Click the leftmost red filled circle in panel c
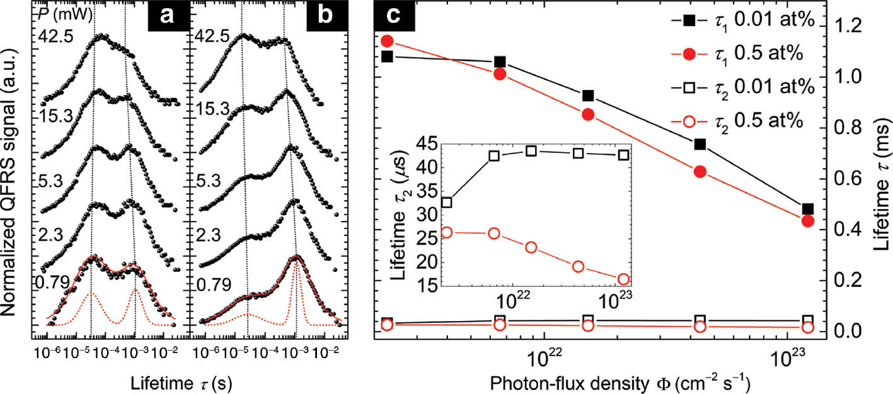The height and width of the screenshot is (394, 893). tap(387, 41)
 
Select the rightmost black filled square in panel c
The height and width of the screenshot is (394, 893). tap(807, 209)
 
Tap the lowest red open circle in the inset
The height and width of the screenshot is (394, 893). tap(623, 279)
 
